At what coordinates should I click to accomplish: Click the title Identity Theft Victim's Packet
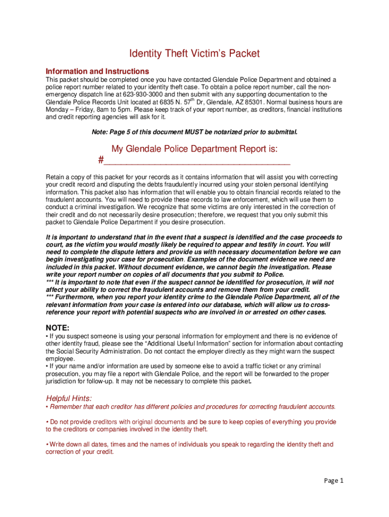coord(194,53)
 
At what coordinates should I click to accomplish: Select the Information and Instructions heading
coord(97,71)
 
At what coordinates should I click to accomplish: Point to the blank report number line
coord(197,162)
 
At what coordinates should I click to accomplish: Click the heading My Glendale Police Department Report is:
coord(194,149)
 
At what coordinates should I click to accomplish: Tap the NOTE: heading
coord(58,328)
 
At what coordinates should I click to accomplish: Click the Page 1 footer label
coord(333,481)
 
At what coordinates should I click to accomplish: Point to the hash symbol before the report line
coord(101,161)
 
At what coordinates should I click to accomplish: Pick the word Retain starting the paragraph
coord(56,177)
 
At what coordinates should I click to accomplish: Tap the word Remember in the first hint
coord(66,406)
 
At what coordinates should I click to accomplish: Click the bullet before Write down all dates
coord(47,444)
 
